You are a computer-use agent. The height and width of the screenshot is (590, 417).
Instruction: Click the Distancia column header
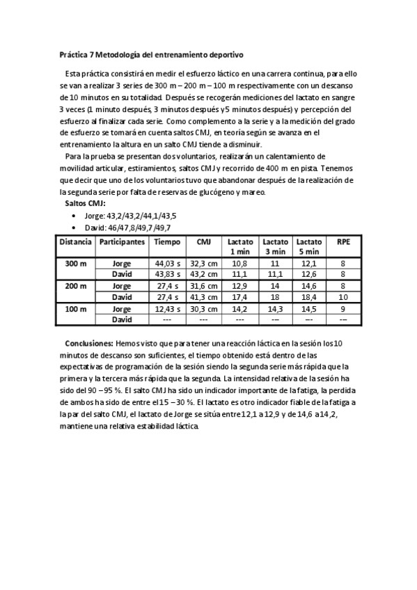coord(75,242)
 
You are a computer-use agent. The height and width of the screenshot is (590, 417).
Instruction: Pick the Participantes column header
coord(122,242)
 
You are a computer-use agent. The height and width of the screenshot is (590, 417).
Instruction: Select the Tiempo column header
coord(166,242)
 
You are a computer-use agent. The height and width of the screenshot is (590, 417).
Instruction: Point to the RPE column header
coord(343,242)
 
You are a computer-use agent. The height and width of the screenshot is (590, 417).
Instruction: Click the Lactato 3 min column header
coord(275,246)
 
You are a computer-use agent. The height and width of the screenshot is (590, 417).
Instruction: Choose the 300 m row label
coord(75,264)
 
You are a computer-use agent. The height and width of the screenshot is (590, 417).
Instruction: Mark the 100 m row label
coord(75,308)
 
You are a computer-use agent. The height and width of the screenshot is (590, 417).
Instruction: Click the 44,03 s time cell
coord(167,264)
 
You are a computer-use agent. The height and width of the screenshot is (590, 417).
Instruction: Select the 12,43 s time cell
coord(167,308)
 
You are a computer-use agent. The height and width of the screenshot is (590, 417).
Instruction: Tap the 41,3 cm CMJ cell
coord(204,297)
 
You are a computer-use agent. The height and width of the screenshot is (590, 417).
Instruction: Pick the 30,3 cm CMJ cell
coord(204,308)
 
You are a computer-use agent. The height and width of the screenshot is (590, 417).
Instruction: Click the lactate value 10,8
coord(239,264)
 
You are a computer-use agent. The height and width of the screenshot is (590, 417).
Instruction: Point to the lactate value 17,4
coord(239,297)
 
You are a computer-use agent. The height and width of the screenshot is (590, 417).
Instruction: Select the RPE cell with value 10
coord(343,297)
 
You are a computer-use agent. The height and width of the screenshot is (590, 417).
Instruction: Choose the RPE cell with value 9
coord(343,308)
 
